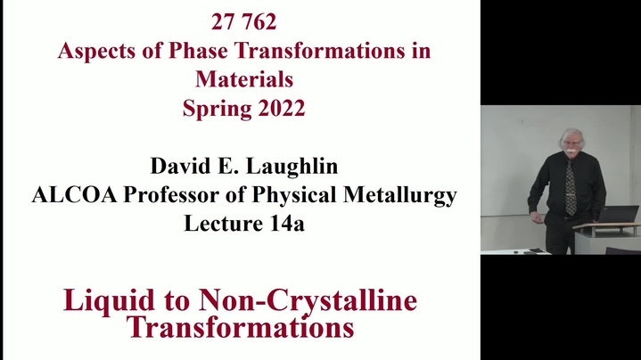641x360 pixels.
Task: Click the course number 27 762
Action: (244, 21)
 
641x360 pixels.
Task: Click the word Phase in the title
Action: (198, 51)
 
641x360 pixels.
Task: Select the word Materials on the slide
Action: (244, 79)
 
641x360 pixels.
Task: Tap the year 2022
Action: (281, 108)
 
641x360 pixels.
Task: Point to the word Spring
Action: (217, 109)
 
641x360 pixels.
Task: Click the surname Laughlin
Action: (292, 167)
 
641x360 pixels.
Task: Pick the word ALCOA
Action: (74, 194)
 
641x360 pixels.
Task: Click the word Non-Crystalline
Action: (308, 301)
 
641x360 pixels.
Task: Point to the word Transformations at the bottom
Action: (240, 326)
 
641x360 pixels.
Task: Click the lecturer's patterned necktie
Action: (571, 188)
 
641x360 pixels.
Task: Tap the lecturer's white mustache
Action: (571, 151)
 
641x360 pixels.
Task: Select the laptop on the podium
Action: (618, 215)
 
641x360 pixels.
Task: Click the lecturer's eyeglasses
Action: (572, 143)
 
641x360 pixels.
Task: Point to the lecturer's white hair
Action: (571, 134)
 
